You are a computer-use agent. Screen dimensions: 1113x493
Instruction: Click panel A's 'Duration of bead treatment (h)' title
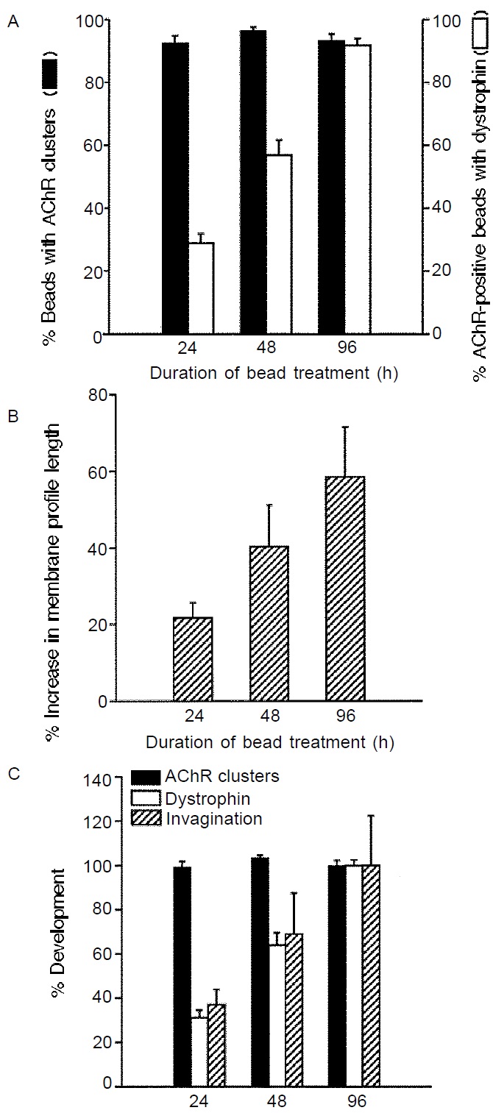274,373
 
